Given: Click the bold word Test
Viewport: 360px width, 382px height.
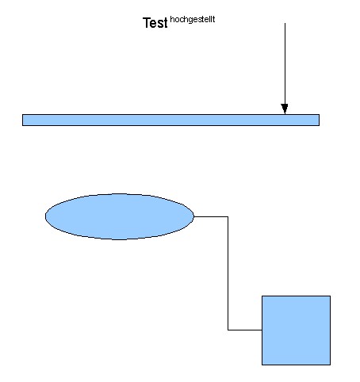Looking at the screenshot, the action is point(155,23).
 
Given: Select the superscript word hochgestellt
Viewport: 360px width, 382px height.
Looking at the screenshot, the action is point(193,20).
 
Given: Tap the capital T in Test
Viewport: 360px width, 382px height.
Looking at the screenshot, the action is point(147,23).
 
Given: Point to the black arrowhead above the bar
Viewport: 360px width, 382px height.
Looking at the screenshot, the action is point(285,109).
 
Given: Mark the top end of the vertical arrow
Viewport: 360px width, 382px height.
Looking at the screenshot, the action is point(285,23).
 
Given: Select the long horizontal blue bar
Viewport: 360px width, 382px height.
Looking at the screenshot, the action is point(170,120).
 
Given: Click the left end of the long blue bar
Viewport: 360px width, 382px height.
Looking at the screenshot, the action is point(22,120).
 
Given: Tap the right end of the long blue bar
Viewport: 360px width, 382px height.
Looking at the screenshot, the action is point(319,120).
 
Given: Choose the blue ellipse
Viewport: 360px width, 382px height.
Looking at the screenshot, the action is point(120,216).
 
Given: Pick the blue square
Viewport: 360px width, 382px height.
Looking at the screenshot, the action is point(296,330).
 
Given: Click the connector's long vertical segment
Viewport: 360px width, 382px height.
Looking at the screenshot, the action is point(228,273).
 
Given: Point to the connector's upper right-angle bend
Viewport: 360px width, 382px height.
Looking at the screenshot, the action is point(228,216).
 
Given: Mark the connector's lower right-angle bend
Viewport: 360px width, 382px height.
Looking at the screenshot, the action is point(228,330).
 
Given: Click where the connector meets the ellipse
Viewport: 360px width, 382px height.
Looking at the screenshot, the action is point(194,216).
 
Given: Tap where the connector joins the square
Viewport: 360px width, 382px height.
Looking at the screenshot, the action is point(262,330).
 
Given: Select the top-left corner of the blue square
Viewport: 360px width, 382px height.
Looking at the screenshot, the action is point(262,296).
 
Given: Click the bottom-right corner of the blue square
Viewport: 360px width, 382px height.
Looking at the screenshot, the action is point(330,365).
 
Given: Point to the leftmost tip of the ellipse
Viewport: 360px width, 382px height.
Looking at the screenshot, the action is point(45,216).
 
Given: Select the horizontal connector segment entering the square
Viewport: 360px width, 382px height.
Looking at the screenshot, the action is point(245,330).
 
